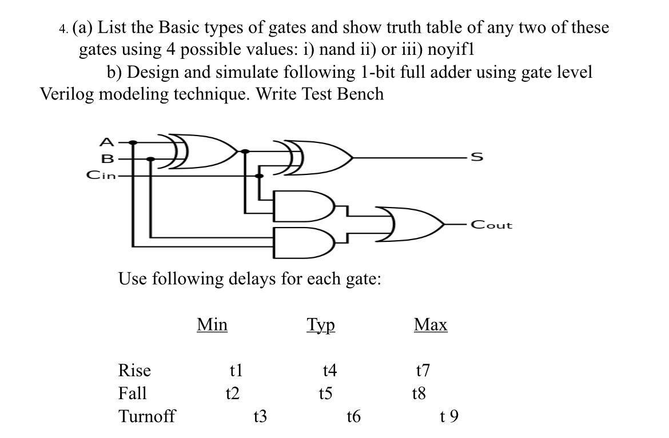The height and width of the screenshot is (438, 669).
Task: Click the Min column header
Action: [x=212, y=325]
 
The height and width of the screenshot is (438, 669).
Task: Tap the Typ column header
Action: [x=320, y=325]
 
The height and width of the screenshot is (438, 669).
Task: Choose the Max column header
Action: [x=430, y=325]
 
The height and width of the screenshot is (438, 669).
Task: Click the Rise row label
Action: [x=134, y=371]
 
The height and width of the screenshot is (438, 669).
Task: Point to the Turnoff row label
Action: [x=146, y=415]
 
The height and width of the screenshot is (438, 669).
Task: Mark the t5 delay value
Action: [x=325, y=393]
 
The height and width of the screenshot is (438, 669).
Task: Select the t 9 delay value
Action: [x=449, y=416]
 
